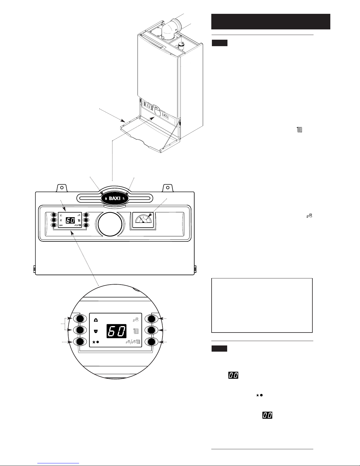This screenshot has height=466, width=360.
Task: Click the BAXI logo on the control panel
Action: click(115, 198)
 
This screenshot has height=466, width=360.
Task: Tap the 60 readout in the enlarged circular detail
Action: click(117, 331)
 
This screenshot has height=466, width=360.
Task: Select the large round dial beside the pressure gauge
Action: click(110, 224)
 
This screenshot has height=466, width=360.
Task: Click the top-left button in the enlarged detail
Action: click(80, 319)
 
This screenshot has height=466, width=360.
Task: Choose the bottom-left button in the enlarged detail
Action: click(80, 342)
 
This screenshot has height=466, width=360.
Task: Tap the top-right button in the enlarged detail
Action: click(151, 319)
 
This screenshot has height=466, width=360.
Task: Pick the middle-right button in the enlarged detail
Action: click(151, 330)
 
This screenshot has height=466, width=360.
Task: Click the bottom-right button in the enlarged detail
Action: click(151, 342)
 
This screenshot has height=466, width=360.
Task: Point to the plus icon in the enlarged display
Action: click(96, 320)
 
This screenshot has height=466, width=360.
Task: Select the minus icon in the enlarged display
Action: click(96, 332)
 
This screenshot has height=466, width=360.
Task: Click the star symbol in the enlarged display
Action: click(94, 342)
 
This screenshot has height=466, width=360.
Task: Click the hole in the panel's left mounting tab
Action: click(62, 188)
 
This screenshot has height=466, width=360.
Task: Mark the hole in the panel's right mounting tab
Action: click(168, 188)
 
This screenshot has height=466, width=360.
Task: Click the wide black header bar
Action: click(271, 21)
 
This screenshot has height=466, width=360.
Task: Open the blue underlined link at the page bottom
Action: click(58, 463)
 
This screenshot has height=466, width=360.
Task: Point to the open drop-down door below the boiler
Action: click(150, 135)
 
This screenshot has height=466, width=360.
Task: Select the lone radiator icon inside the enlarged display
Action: click(136, 332)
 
